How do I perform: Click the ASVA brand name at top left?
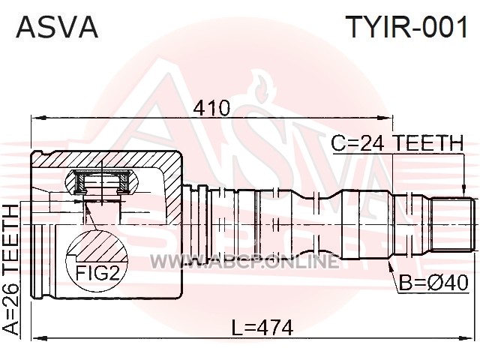[57, 27]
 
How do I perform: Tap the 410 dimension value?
[212, 108]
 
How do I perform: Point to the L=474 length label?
[262, 328]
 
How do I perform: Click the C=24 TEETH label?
[397, 143]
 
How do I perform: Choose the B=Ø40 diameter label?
[433, 282]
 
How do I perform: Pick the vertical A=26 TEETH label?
[10, 269]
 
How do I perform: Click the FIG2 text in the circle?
[97, 273]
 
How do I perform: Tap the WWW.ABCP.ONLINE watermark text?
[244, 262]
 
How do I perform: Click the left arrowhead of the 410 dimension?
[38, 118]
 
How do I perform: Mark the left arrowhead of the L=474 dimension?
[39, 338]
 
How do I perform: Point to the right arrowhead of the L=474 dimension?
[467, 338]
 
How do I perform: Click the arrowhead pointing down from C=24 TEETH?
[464, 189]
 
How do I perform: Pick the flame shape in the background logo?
[262, 87]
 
